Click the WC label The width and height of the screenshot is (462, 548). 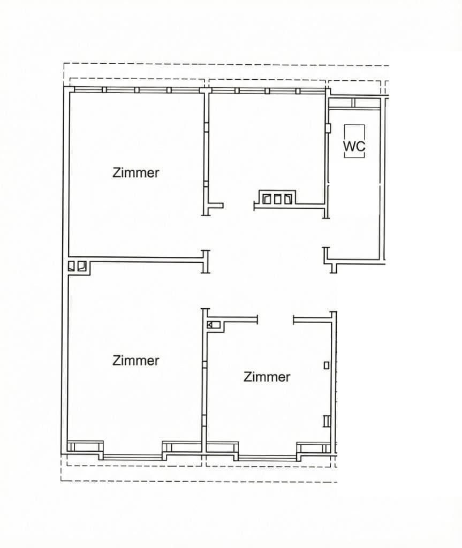coord(354,146)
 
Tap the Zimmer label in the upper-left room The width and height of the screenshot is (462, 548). coord(136,173)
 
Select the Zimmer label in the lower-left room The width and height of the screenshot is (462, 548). coord(136,361)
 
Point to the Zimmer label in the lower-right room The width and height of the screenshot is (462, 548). coord(267,377)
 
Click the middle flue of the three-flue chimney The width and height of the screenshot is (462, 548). coord(278,199)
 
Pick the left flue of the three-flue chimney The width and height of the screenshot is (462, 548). coord(267,199)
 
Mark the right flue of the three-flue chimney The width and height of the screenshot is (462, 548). coord(289,199)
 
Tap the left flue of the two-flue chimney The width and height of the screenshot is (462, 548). coord(72,265)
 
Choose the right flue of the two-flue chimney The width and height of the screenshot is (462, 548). coord(81,265)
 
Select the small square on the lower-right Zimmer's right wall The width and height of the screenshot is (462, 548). coord(327,365)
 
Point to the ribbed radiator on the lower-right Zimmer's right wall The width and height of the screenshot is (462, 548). coord(327,421)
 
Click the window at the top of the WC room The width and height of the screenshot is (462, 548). coord(354,103)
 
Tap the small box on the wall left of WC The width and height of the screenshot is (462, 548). coord(328,128)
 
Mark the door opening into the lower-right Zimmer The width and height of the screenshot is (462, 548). coord(275,320)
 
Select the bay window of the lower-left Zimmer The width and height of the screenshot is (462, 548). coord(133,456)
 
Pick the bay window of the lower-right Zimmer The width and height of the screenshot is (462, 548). coord(267,457)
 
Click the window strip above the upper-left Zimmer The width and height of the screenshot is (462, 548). coord(137,90)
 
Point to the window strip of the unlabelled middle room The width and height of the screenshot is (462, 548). coord(266,90)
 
